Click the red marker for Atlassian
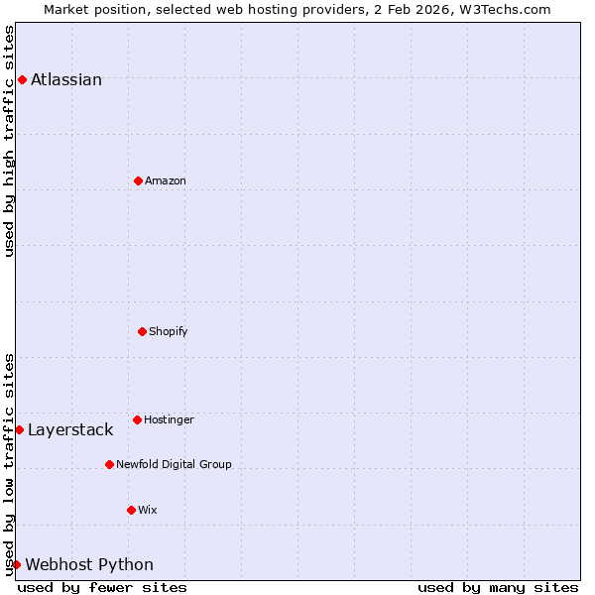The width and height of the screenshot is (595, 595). point(22,79)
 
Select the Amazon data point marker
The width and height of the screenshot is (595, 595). point(138,180)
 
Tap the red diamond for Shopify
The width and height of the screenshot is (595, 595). point(142,331)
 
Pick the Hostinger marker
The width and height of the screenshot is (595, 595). point(137,419)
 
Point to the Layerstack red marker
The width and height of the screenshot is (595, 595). point(19,429)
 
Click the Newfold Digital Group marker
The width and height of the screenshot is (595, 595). point(109,464)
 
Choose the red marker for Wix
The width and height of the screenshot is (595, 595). point(131,510)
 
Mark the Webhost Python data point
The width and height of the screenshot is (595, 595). point(16,564)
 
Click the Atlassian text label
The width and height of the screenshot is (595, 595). point(66,79)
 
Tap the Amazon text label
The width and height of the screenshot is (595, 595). point(166,180)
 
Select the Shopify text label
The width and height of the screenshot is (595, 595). point(169,331)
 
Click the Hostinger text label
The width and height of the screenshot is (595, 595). point(169,419)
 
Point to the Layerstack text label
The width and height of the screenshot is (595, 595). point(70,429)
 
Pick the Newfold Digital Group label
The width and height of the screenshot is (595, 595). point(174,464)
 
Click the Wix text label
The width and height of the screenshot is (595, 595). point(148,510)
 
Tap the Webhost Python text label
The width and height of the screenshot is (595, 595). point(89,564)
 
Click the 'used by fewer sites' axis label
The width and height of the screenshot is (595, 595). point(102,587)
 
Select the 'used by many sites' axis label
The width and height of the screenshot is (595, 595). point(498,587)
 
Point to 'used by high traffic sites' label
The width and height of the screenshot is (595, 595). point(9,141)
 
